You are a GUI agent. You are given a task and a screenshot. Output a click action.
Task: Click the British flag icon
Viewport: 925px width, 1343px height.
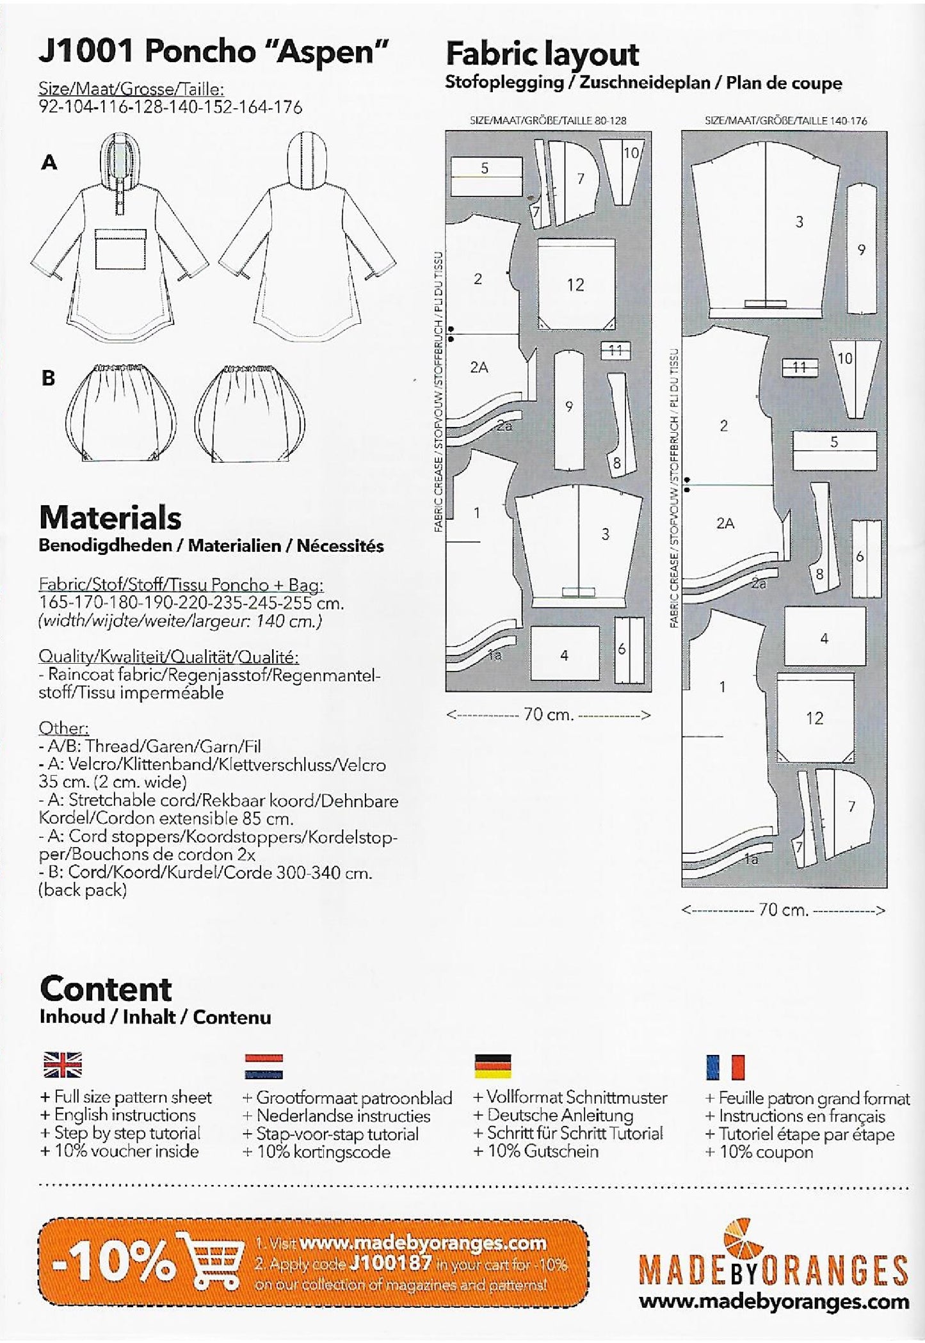62,1066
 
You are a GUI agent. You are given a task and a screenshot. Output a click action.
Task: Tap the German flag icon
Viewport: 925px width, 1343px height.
492,1066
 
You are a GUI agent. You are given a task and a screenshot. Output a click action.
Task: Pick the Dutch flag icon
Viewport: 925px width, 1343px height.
263,1066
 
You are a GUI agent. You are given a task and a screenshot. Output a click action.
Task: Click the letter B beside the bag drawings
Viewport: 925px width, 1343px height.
48,378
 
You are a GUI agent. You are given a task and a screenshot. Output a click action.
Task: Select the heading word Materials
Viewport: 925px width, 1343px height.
110,517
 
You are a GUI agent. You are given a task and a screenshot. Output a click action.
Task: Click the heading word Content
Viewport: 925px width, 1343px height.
106,989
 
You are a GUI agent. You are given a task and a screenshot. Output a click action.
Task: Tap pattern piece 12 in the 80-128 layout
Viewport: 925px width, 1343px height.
575,284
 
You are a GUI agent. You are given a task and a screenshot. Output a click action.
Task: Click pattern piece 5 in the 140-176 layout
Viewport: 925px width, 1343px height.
834,442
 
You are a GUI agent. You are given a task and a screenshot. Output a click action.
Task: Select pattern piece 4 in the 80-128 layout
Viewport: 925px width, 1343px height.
564,654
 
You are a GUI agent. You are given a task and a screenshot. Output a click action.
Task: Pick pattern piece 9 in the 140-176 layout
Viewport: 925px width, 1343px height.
861,250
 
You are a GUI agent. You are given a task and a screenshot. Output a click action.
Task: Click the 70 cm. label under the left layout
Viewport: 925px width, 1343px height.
548,714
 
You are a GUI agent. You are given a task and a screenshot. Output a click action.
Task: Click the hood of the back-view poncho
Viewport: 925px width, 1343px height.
309,159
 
